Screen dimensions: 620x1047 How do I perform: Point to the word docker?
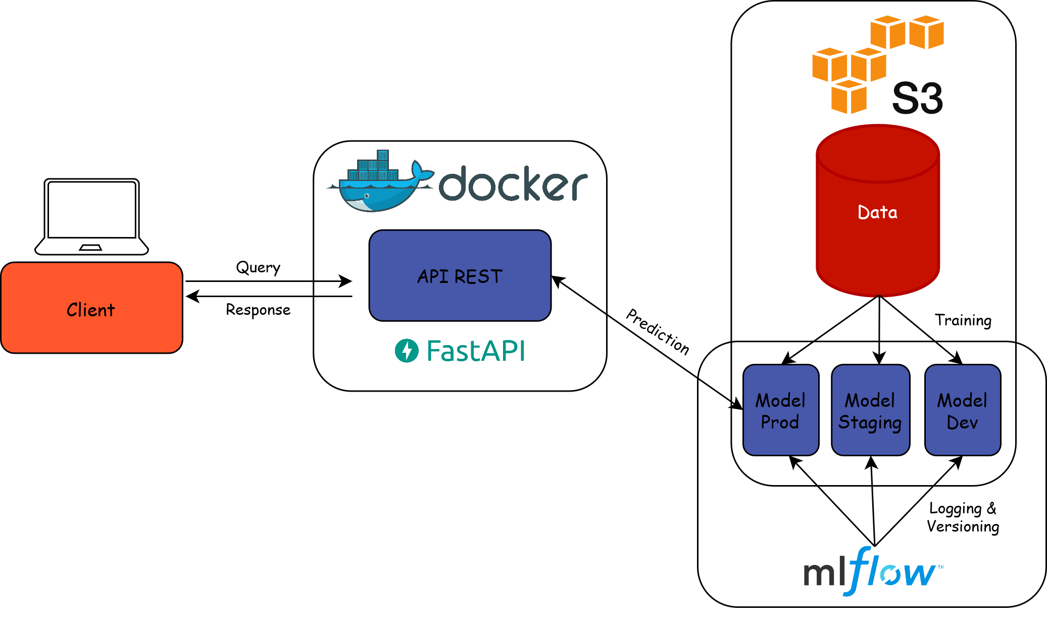coord(513,184)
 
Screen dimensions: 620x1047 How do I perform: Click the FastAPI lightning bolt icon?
coord(407,351)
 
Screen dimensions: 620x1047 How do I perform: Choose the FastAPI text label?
coord(475,351)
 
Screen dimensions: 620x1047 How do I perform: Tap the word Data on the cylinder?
coord(878,212)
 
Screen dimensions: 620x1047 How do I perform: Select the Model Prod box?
coord(780,410)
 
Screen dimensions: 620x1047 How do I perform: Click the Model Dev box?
coord(963,410)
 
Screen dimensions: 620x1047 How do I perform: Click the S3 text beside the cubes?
coord(917,98)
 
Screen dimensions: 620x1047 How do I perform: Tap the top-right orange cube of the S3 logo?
coord(926,32)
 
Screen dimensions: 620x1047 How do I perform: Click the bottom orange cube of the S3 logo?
coord(849,97)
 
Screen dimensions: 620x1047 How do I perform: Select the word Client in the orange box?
coord(91,310)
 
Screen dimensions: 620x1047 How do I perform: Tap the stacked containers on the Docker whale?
coord(373,167)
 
